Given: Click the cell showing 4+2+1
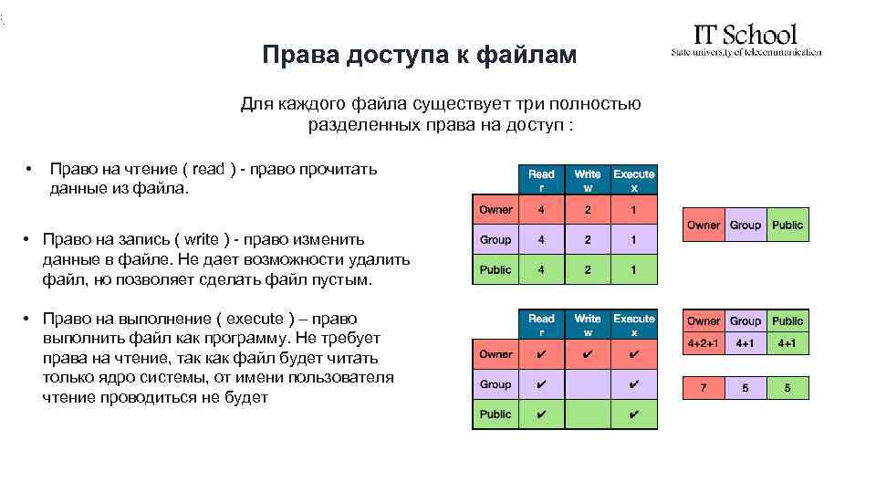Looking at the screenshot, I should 703,344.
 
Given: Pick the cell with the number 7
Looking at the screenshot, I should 703,388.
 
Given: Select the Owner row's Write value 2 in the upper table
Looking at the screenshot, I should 588,210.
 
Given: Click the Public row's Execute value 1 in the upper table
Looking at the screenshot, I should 633,269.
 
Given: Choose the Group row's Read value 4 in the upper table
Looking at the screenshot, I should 541,240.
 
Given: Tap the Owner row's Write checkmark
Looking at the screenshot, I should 588,354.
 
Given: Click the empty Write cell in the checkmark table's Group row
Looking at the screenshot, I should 588,384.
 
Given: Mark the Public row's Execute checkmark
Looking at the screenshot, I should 633,414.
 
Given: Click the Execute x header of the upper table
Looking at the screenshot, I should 633,180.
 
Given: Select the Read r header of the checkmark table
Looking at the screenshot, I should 541,325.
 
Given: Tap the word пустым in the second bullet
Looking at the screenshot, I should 343,279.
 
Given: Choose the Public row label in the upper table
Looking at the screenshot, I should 495,269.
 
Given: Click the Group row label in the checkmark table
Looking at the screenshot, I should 495,384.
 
